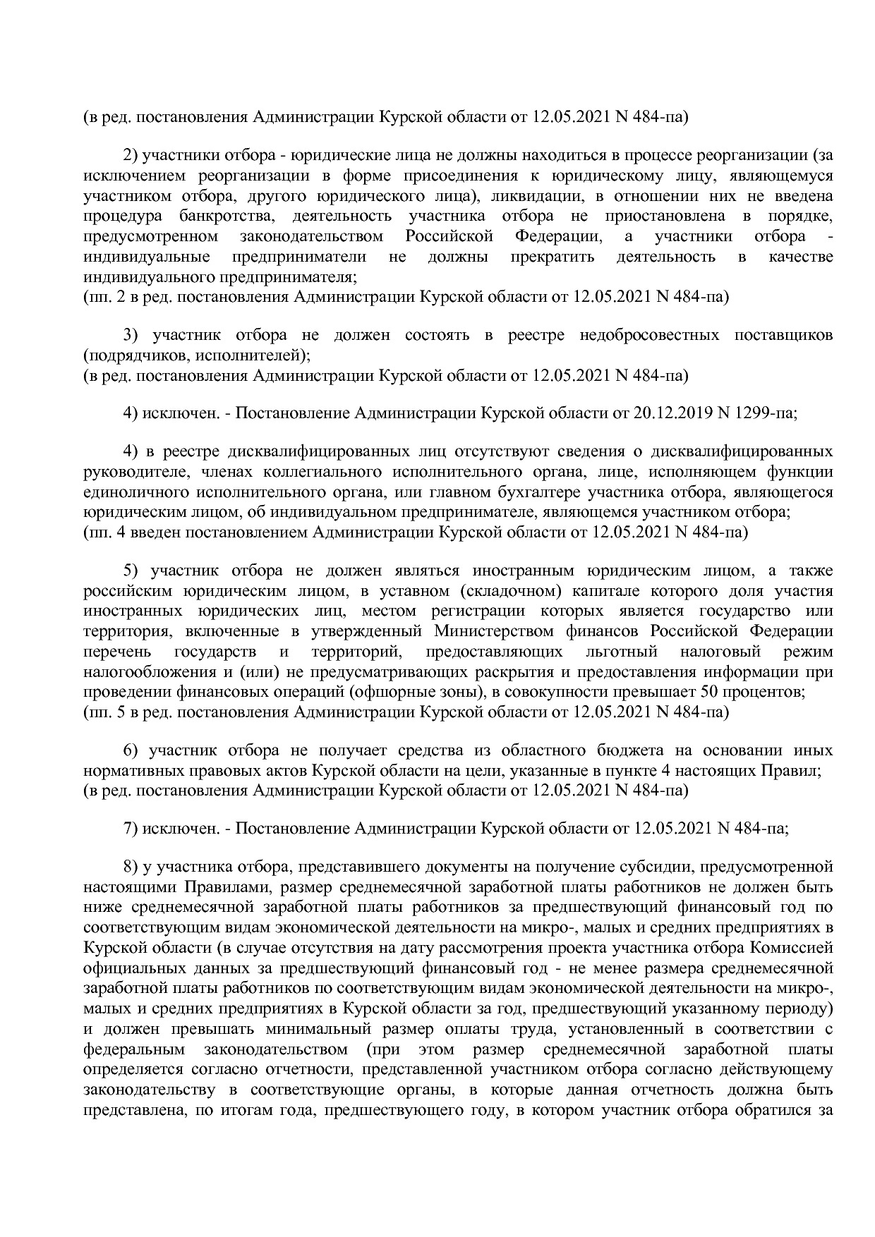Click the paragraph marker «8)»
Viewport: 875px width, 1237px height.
[132, 867]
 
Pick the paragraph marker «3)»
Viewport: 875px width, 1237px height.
[132, 335]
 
